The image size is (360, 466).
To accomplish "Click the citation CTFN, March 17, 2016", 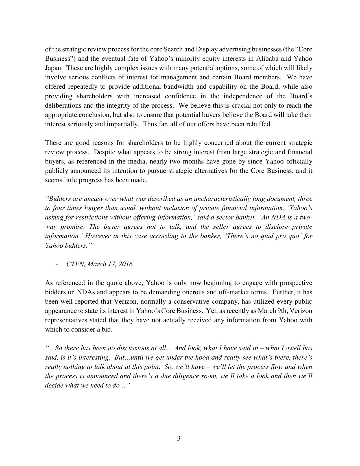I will (99, 264).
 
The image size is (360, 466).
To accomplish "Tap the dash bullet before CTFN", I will (58, 264).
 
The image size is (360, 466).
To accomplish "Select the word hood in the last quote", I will (202, 357).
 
